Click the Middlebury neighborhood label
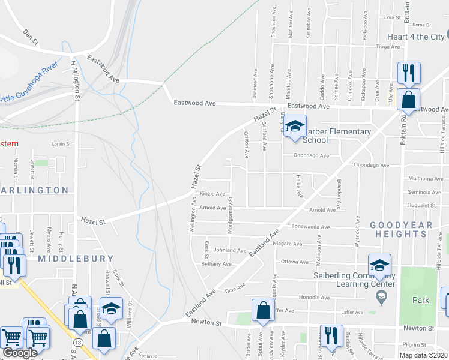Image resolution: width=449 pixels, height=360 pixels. point(76,259)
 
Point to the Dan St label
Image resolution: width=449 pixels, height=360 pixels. point(31,37)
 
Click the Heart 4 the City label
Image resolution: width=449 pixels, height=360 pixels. point(415,37)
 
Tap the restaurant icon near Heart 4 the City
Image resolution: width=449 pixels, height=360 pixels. point(409,73)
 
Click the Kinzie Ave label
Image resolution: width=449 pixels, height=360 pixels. point(212,194)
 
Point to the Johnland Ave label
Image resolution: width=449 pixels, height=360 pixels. point(229,250)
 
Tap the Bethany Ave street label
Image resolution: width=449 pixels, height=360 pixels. point(216,264)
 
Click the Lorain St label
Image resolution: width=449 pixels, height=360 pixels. point(61,144)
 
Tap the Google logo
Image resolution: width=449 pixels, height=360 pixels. point(20,352)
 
